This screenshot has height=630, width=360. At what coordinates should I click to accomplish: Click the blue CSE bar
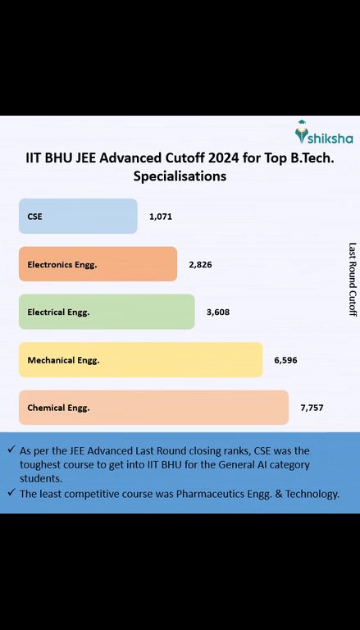[x=78, y=217]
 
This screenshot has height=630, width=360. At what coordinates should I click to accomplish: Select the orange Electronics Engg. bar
[x=98, y=264]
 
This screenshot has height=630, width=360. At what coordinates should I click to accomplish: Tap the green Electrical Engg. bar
[x=107, y=312]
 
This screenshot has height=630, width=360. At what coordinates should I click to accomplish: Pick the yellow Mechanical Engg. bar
[x=140, y=359]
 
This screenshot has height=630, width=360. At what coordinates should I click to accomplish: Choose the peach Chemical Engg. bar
[x=153, y=407]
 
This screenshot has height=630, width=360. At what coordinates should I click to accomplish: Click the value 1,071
[x=160, y=217]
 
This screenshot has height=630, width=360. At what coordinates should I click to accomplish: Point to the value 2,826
[x=200, y=265]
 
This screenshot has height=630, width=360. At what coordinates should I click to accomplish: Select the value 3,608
[x=218, y=313]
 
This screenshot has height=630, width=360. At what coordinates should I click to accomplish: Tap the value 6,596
[x=286, y=360]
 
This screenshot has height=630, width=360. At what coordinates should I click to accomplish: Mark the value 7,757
[x=312, y=408]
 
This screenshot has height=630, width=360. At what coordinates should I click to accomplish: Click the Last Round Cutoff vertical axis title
[x=353, y=279]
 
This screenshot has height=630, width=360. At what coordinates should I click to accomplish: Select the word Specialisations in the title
[x=180, y=176]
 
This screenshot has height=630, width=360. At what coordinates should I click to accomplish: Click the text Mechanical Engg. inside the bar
[x=63, y=360]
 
